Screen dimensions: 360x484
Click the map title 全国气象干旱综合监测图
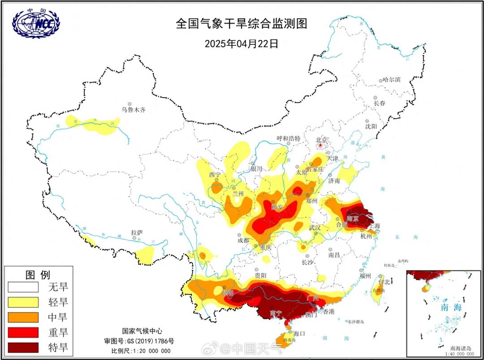[x=242, y=24]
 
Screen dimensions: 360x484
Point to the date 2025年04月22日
[x=242, y=43]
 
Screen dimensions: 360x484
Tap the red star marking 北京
[x=320, y=145]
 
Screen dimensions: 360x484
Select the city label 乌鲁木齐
[x=134, y=109]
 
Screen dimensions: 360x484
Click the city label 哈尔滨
[x=391, y=80]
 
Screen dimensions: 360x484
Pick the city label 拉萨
[x=137, y=232]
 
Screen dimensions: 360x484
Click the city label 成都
[x=243, y=240]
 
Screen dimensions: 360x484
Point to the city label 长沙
[x=307, y=262]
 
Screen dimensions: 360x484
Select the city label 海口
[x=299, y=333]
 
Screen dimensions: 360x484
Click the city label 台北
[x=384, y=282]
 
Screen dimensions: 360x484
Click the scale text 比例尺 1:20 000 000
[x=141, y=351]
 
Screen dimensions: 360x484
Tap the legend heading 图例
[x=38, y=274]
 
